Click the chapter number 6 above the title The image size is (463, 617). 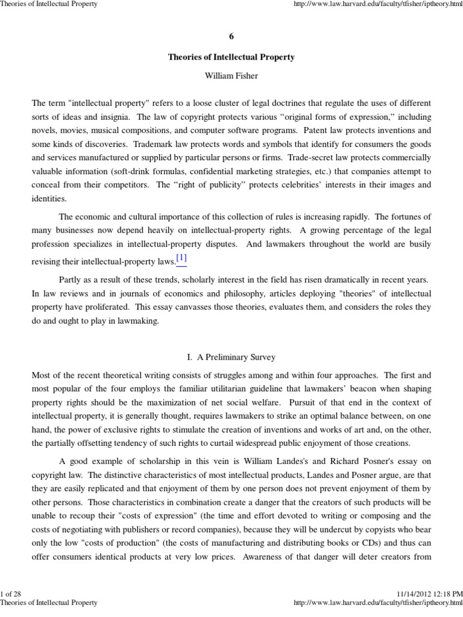231,37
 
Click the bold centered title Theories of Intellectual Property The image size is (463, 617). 231,57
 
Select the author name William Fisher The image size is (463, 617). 231,77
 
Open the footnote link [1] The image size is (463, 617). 181,258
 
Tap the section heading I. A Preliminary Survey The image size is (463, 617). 231,357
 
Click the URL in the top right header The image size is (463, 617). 377,5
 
